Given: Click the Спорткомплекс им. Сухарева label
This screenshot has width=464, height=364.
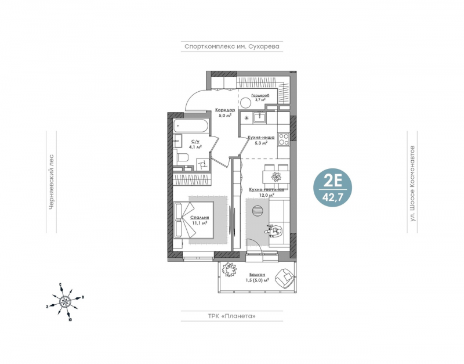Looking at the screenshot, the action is pos(231,46).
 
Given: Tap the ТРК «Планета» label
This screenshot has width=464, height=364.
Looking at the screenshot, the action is pos(231,316).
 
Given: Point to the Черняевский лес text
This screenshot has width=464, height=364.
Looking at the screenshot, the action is pos(51,182).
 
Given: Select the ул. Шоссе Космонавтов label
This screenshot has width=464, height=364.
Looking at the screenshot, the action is pos(412,183).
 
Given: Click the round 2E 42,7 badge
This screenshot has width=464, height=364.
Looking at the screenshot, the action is pos(332,188).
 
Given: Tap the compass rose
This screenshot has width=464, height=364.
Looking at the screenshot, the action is pos(65,301).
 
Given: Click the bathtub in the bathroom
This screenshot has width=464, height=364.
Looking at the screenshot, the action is pos(191,126).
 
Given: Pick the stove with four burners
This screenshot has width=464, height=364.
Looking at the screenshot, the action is pos(284,139).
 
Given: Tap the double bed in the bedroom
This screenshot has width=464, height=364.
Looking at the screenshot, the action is pos(194,219).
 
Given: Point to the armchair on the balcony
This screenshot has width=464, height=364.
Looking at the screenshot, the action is pos(284,278).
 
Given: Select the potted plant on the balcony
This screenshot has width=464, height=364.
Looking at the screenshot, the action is pos(230,269).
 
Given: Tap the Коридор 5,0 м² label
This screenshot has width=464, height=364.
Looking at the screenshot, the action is pos(225,113).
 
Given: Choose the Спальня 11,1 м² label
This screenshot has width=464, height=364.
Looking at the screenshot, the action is pos(200,220).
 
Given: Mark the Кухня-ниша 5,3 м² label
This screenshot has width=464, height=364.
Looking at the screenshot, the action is pos(261,140).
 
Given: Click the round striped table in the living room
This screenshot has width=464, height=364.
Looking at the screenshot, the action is pos(257,211).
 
